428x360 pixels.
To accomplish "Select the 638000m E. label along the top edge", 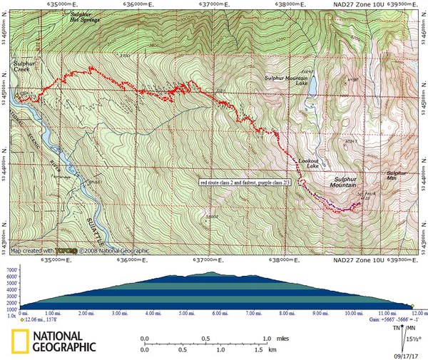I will pyautogui.click(x=287, y=4).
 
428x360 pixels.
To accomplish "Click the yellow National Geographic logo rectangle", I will pyautogui.click(x=19, y=343).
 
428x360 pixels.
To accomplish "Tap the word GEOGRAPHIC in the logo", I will pyautogui.click(x=64, y=348).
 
